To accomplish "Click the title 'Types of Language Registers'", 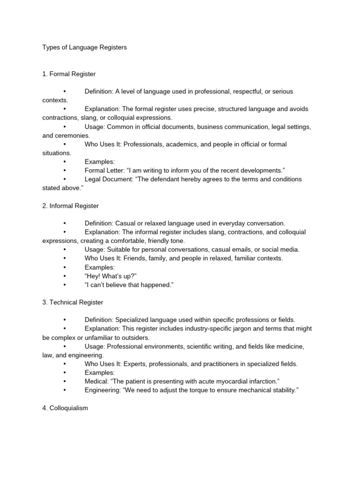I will (84, 47).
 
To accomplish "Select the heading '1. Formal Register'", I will (69, 74).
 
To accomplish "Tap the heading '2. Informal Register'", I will (70, 206).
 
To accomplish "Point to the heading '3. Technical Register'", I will (73, 302).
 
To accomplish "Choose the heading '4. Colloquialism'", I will (65, 408).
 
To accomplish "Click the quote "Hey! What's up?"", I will (110, 276).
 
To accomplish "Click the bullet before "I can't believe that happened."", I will (64, 285).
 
